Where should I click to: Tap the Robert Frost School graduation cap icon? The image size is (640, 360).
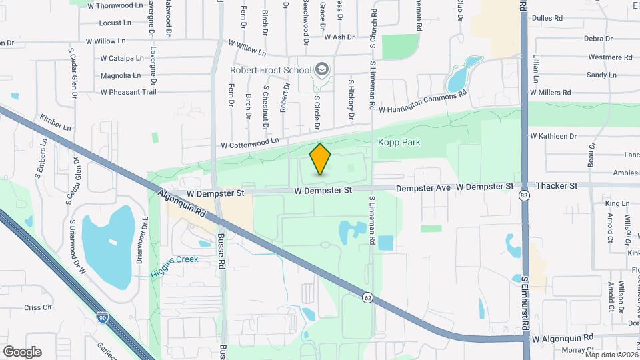(322, 70)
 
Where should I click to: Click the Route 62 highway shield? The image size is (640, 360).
(367, 297)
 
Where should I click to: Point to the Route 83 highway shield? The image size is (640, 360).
(525, 195)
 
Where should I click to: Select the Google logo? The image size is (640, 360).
(22, 352)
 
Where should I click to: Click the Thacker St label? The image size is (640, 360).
(557, 186)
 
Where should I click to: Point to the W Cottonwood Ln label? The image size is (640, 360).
(250, 143)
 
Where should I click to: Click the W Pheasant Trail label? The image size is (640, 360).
(128, 92)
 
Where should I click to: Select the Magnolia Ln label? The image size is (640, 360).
(120, 75)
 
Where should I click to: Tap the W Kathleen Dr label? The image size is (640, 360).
(553, 136)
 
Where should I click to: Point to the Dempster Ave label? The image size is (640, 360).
(425, 189)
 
